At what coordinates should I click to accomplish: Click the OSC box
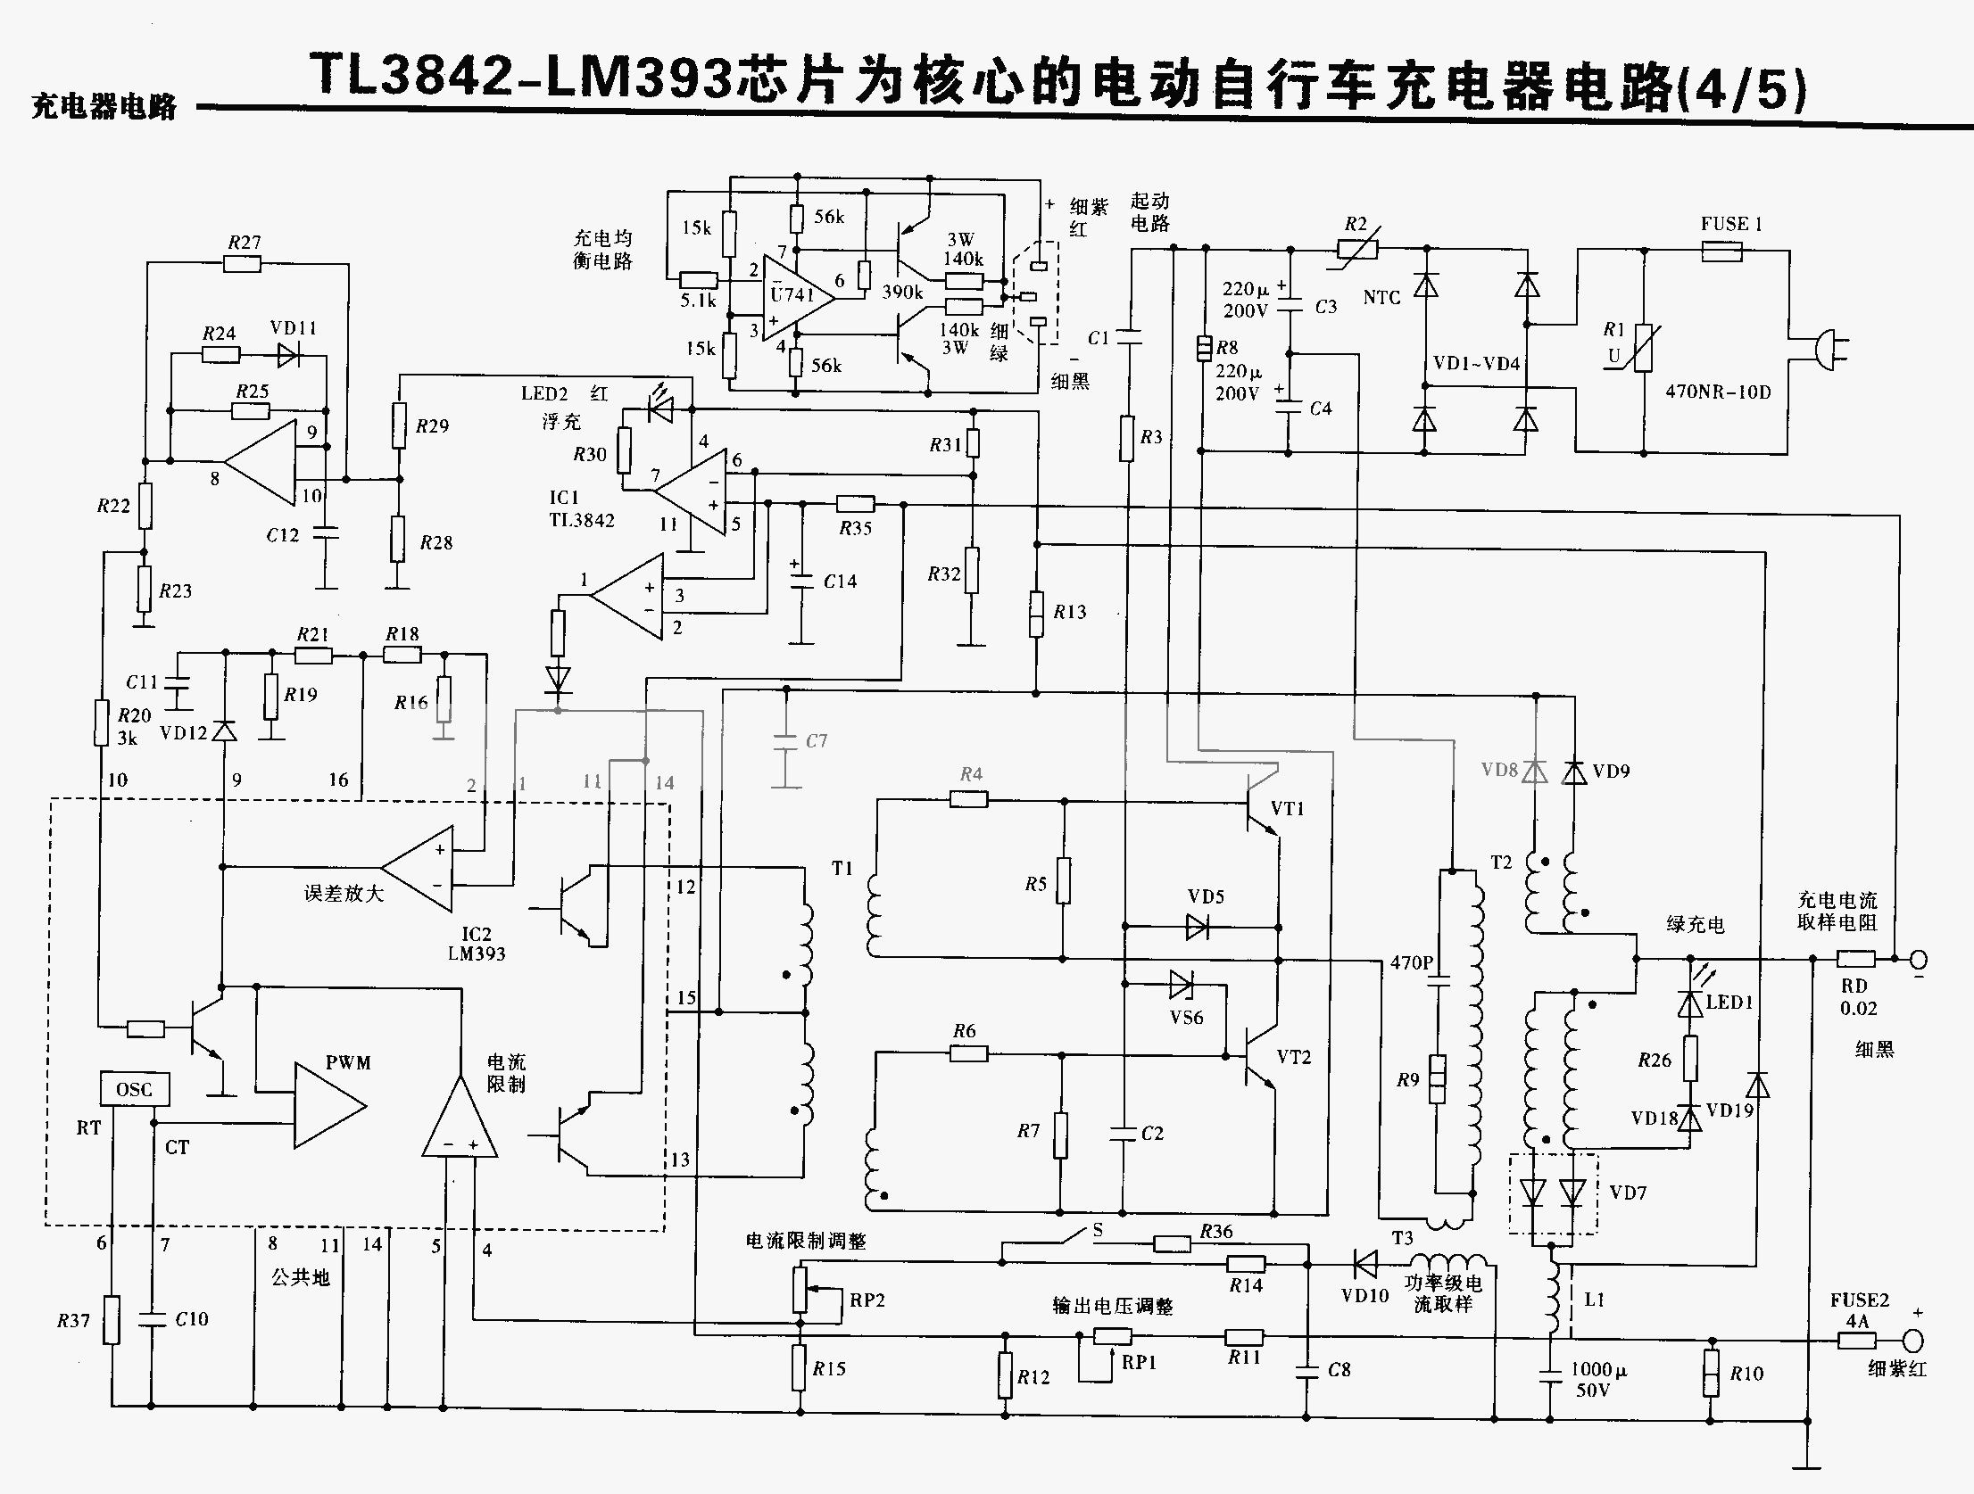[134, 1089]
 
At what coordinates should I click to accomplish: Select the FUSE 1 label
[1730, 225]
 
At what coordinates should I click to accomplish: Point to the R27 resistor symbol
[242, 263]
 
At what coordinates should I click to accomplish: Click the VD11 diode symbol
[288, 355]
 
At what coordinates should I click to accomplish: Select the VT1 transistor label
[1288, 809]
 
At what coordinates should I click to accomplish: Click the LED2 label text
[544, 394]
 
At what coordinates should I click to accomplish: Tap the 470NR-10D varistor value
[1718, 392]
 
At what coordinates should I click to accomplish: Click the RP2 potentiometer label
[867, 1300]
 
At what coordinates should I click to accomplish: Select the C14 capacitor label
[840, 582]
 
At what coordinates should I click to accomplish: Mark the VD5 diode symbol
[1197, 927]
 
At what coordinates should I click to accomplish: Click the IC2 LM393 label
[477, 944]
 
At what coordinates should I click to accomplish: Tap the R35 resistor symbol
[856, 504]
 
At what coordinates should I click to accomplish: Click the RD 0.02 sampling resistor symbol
[1856, 959]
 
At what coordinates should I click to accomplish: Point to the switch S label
[1098, 1230]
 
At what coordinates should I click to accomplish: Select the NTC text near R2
[1381, 298]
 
